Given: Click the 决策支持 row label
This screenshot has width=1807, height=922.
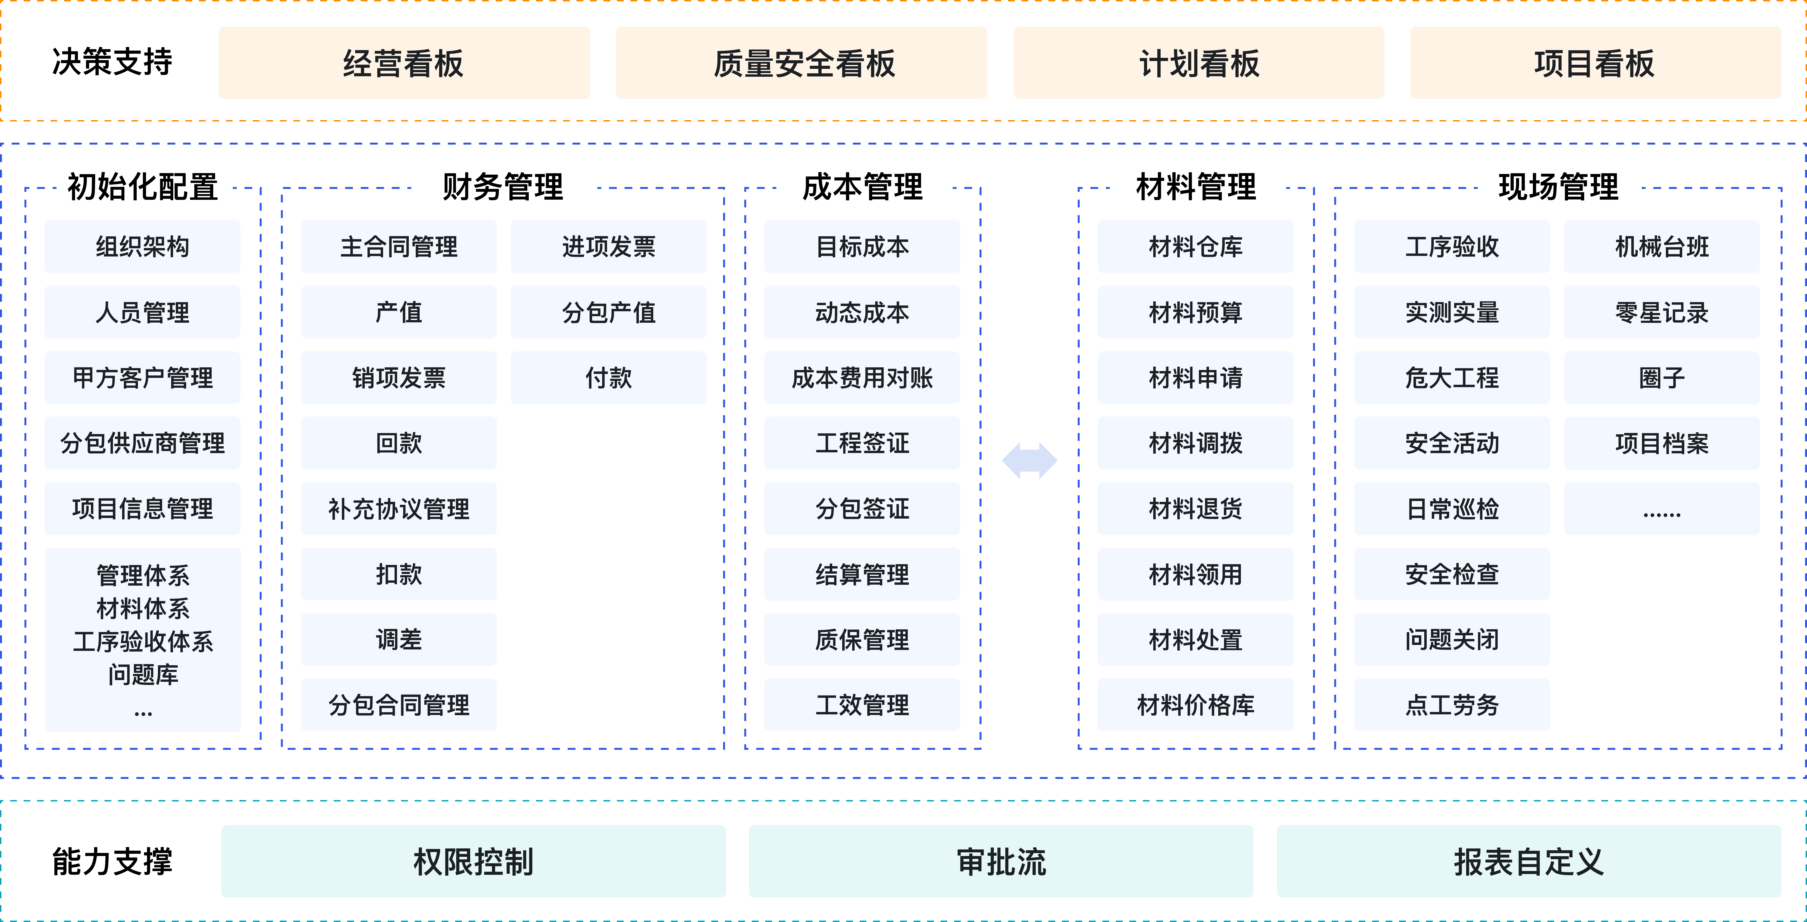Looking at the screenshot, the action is [x=112, y=62].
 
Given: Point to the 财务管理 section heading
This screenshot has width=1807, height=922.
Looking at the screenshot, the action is [x=502, y=187].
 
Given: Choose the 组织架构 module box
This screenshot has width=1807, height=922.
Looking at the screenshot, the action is [x=142, y=246].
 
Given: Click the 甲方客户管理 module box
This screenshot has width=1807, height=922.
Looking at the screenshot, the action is [x=142, y=378].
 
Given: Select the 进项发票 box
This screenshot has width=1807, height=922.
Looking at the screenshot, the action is [x=608, y=246].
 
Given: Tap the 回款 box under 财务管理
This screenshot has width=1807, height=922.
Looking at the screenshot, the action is [x=398, y=443].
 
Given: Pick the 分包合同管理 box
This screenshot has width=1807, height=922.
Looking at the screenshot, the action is [x=398, y=704].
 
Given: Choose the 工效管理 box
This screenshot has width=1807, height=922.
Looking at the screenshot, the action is [x=862, y=704].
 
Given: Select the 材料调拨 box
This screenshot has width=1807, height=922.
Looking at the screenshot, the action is [x=1195, y=443].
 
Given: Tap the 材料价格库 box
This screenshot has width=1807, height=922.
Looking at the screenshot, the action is [x=1195, y=704].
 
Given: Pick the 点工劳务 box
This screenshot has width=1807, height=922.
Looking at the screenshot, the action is [x=1451, y=704].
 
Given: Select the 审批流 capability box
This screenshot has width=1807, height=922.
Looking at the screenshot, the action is [x=1001, y=861].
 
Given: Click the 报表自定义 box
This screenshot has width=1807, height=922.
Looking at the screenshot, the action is [x=1529, y=861].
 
